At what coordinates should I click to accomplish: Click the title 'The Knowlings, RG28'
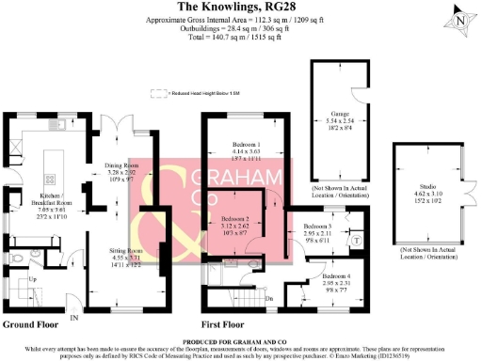241,8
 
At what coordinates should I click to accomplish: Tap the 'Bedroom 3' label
317,227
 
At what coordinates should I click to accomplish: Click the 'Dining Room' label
120,165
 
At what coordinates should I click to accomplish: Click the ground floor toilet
20,255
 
